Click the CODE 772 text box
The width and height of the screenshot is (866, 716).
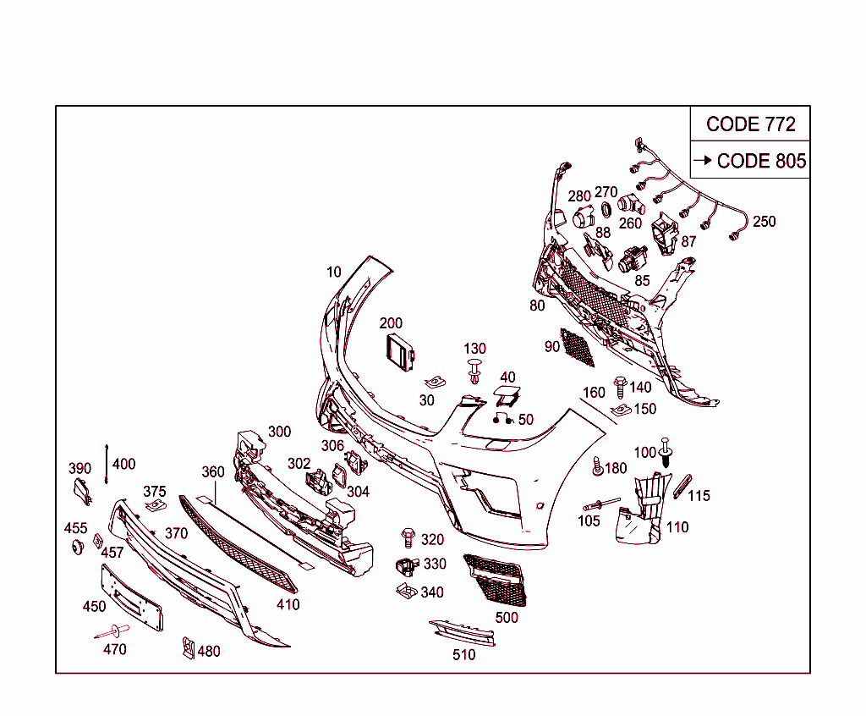[750, 124]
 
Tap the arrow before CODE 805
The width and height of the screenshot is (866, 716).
[703, 160]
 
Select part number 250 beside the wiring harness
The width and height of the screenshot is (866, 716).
[765, 222]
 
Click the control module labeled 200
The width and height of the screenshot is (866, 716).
[400, 352]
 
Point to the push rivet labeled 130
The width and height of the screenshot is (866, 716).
[474, 371]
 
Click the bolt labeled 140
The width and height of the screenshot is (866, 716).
[620, 388]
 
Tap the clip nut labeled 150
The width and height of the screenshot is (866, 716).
[622, 410]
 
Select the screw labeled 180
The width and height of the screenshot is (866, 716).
[597, 466]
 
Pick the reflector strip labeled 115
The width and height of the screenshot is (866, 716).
[682, 486]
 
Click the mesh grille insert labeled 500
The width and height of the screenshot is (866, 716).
[496, 580]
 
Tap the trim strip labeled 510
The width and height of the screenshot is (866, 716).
[463, 632]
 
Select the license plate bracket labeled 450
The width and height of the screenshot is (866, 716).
[132, 598]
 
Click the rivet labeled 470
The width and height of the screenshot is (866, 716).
[112, 631]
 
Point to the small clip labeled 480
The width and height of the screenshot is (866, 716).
[189, 647]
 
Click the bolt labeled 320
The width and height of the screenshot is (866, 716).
[408, 537]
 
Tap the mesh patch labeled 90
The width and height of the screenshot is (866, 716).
[577, 347]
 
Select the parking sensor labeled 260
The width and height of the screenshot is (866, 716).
[631, 204]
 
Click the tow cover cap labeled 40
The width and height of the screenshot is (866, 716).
[507, 394]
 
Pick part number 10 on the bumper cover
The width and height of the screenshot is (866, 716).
[333, 272]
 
